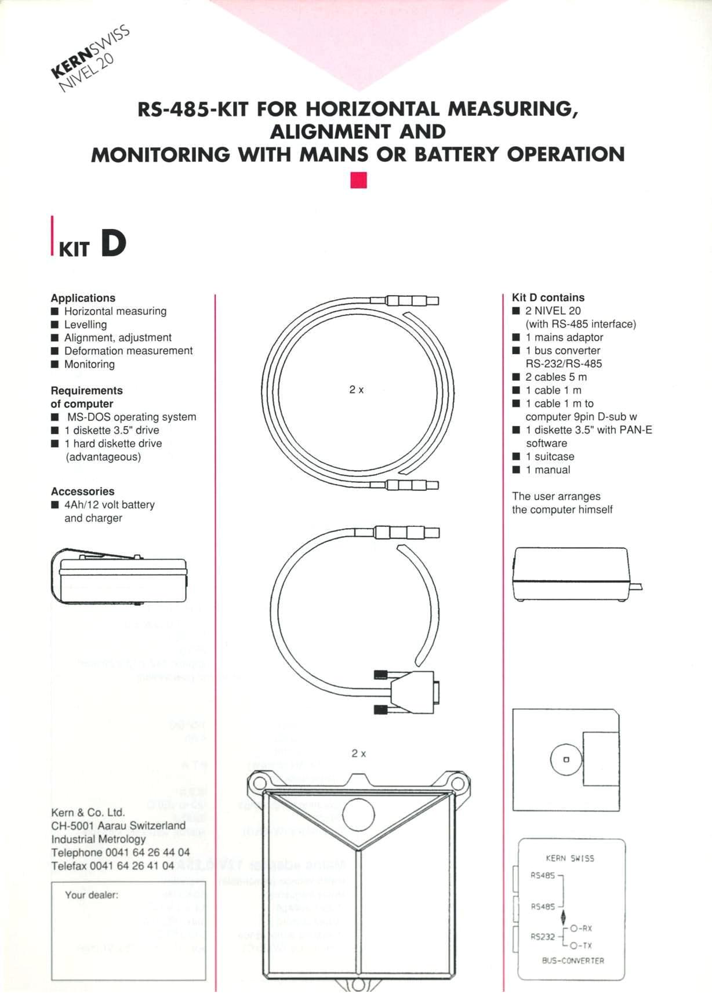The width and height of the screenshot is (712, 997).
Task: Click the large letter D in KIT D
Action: [113, 243]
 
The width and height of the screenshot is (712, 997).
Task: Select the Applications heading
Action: [83, 298]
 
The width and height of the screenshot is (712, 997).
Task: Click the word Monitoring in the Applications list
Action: [89, 364]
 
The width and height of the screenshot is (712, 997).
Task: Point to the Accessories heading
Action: [82, 492]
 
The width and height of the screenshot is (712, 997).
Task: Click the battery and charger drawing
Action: [120, 577]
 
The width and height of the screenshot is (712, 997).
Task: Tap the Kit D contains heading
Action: [548, 297]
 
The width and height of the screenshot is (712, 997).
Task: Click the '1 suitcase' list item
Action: [550, 456]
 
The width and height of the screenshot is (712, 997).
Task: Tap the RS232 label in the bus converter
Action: [543, 936]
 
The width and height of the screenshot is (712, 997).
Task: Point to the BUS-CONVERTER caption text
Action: [572, 960]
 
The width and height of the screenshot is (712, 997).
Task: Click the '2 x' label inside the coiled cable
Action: [356, 390]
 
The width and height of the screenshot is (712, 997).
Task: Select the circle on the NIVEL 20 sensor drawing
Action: [358, 815]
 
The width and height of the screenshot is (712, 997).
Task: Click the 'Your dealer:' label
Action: [92, 895]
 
